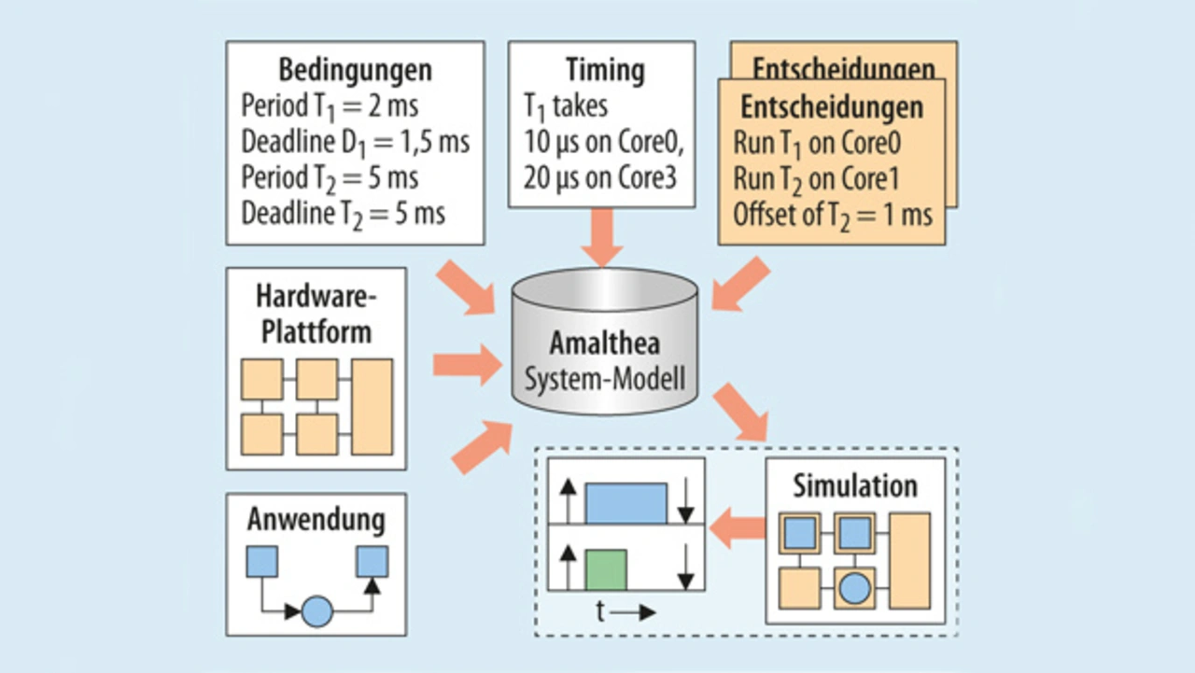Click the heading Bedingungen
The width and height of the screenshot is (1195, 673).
pos(355,71)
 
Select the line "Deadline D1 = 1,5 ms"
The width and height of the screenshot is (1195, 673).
pos(355,142)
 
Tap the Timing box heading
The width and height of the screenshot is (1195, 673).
pos(604,71)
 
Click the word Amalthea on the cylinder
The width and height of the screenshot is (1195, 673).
pos(604,343)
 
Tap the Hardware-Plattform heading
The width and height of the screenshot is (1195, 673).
pos(316,315)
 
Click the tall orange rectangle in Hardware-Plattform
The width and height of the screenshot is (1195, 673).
pos(372,406)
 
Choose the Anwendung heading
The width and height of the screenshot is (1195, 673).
pos(316,520)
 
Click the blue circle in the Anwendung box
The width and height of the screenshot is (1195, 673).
pos(316,611)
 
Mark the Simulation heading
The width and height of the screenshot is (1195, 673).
pos(855,486)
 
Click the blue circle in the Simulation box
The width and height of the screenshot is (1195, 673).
pos(854,588)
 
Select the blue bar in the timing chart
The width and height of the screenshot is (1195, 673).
pos(626,503)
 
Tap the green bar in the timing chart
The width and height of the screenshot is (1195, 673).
pos(605,569)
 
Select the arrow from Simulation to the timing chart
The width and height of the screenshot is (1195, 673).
pos(738,528)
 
